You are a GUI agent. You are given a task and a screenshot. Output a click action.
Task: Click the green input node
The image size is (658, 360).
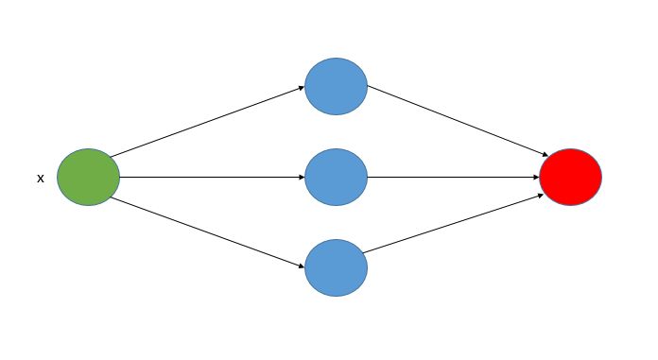[88, 177]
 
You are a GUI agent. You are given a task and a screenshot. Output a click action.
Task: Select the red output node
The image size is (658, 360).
[570, 177]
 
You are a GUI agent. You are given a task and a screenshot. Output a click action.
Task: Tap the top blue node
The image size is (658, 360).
[336, 86]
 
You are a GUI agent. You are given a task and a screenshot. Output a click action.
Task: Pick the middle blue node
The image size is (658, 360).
[336, 177]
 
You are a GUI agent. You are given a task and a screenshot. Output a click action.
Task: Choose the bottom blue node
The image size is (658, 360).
[336, 267]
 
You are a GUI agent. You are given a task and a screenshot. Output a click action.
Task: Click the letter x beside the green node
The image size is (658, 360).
[40, 178]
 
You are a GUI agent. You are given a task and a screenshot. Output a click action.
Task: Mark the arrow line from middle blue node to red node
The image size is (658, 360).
[454, 177]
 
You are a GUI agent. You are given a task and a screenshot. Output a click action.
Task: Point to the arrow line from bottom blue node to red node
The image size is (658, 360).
[454, 224]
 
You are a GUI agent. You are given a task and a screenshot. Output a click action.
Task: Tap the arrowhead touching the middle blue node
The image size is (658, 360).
[301, 177]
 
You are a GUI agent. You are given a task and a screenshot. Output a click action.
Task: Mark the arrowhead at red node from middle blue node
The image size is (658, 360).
[536, 177]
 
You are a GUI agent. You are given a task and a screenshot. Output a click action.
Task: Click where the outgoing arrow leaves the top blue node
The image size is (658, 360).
[367, 86]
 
